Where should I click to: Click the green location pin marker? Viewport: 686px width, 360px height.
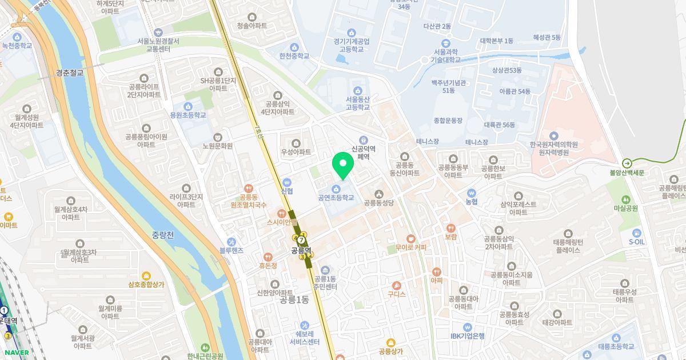(343, 165)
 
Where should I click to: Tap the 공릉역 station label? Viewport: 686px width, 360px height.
(301, 250)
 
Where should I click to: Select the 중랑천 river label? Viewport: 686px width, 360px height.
(163, 234)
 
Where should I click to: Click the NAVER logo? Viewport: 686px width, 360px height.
(15, 353)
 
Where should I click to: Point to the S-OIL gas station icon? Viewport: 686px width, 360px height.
(636, 231)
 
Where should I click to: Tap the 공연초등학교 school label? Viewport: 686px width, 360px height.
(336, 198)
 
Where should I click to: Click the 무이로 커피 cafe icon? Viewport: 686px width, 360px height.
(410, 238)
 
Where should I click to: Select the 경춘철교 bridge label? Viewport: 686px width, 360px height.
(70, 73)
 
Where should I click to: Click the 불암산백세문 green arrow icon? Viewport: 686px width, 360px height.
(627, 163)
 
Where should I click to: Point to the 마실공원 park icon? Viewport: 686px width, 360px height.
(625, 199)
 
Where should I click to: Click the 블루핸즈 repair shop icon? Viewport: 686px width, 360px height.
(231, 241)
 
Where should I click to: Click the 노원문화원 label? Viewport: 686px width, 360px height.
(218, 146)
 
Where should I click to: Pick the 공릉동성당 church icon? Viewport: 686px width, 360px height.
(379, 193)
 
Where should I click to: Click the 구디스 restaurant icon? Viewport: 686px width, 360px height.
(396, 285)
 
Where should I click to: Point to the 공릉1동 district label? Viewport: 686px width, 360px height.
(294, 299)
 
